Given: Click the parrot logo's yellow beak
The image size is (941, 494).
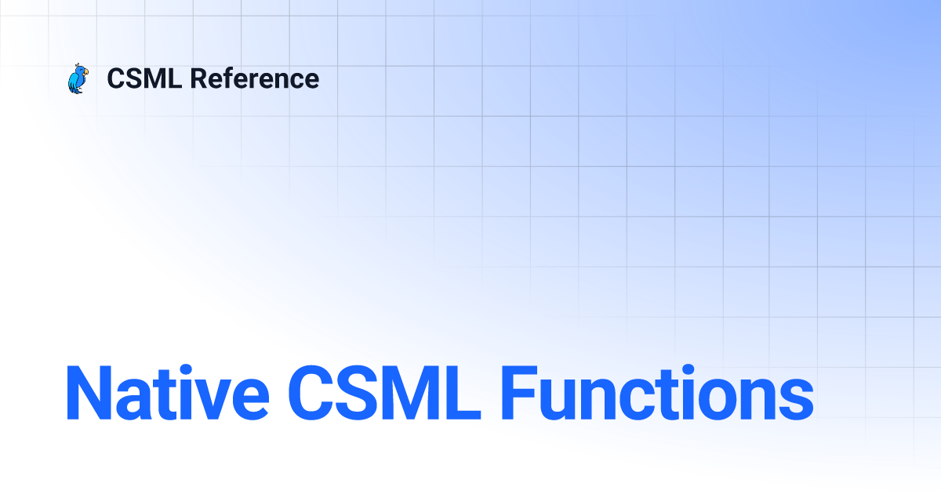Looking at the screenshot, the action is click(85, 73).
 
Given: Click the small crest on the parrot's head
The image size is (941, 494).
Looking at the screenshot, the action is click(77, 65).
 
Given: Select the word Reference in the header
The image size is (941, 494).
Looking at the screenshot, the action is click(255, 78).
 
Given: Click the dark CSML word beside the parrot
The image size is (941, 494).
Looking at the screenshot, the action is click(144, 78).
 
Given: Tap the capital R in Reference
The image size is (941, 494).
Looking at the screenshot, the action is click(198, 78).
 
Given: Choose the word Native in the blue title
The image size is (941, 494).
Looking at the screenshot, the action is click(167, 392).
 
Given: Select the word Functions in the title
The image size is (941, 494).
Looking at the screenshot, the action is click(657, 392).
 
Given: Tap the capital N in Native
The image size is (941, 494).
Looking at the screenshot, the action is click(89, 393).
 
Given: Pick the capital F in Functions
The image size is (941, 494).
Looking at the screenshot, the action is click(519, 393).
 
